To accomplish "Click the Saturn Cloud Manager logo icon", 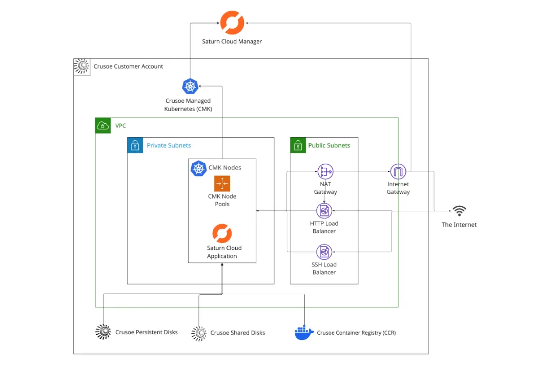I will click(232, 23).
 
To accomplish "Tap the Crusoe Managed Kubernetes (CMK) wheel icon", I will click(190, 86).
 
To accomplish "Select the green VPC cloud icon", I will click(103, 125).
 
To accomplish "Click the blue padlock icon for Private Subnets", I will click(135, 145).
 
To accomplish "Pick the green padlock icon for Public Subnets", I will click(298, 145).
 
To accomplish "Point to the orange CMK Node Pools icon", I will click(222, 183).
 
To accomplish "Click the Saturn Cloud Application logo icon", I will click(222, 233).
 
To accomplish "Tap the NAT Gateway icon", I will click(325, 172).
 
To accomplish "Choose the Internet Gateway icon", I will click(398, 172).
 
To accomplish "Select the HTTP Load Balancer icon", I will click(324, 210).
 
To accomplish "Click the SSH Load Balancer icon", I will click(324, 252).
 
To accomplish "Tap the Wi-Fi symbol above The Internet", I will click(459, 211).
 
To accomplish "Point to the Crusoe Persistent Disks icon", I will click(103, 332).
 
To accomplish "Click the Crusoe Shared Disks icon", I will click(199, 333).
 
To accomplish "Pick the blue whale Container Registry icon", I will click(303, 332).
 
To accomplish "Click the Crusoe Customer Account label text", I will click(128, 67).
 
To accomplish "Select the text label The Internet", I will click(459, 225).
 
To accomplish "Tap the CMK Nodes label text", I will click(224, 167).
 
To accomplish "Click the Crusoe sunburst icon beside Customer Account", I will click(81, 67).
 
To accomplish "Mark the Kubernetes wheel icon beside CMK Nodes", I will click(198, 168).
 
